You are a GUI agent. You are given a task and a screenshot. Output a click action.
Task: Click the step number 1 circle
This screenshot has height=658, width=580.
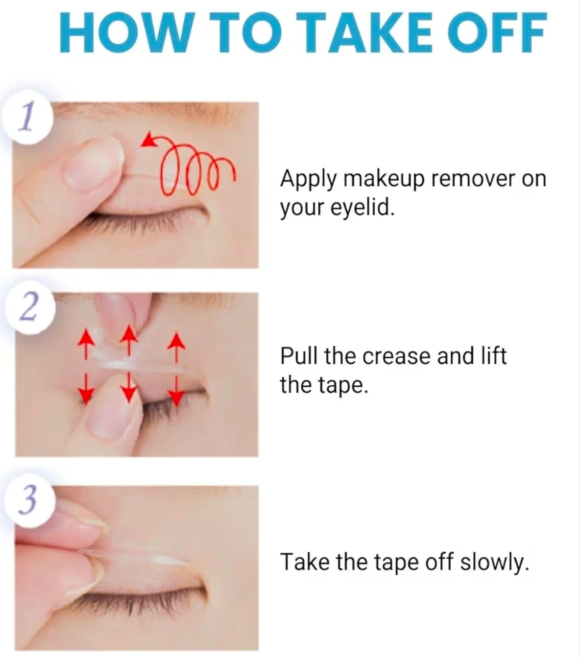27,117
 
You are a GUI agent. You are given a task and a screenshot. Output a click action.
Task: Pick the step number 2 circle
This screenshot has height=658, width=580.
30,307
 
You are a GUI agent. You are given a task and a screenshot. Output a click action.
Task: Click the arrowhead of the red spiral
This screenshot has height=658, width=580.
148,140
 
